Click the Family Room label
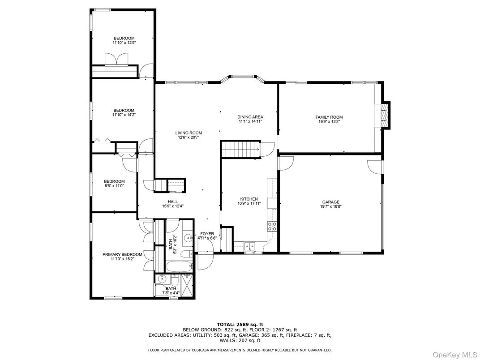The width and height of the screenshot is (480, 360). [329, 117]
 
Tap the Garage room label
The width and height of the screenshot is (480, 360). [330, 202]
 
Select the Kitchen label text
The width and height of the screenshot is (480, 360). [249, 199]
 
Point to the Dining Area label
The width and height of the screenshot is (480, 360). [250, 117]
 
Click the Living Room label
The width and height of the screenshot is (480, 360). [189, 133]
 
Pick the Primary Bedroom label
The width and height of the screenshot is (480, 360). [122, 254]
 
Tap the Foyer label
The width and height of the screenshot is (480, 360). [207, 234]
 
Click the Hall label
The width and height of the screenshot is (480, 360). [173, 202]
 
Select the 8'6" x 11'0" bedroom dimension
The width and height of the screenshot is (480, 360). [114, 186]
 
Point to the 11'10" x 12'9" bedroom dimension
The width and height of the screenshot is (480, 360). [124, 43]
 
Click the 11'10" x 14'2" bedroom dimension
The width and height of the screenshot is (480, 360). [124, 115]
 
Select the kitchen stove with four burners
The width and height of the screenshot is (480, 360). [272, 226]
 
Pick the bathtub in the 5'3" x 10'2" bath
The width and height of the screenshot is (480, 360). [180, 266]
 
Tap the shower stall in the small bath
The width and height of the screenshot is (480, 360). [186, 285]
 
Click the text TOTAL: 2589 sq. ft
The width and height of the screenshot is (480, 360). [240, 325]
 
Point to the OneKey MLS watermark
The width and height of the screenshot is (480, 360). [454, 355]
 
